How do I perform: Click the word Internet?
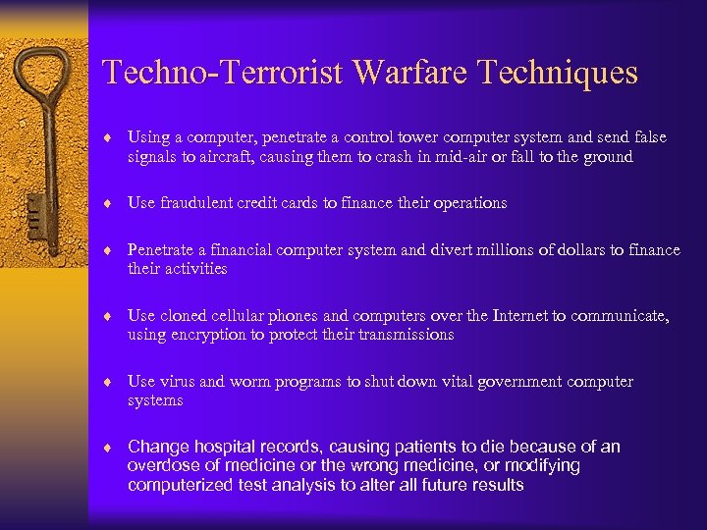pos(517,316)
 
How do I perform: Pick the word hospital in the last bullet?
pos(224,447)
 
